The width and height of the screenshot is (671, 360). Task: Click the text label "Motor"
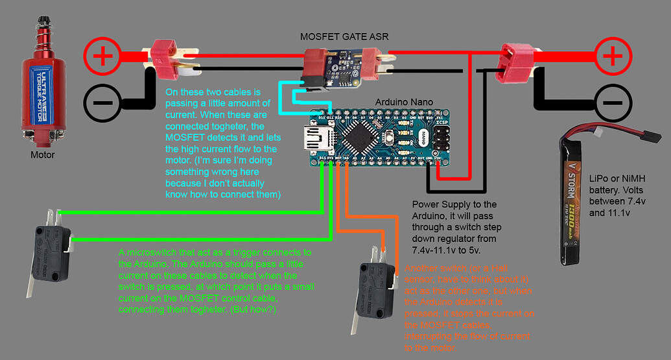[x=43, y=155]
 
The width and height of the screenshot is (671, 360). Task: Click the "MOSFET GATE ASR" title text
[x=344, y=37]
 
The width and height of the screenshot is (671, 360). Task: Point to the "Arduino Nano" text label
[x=403, y=102]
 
